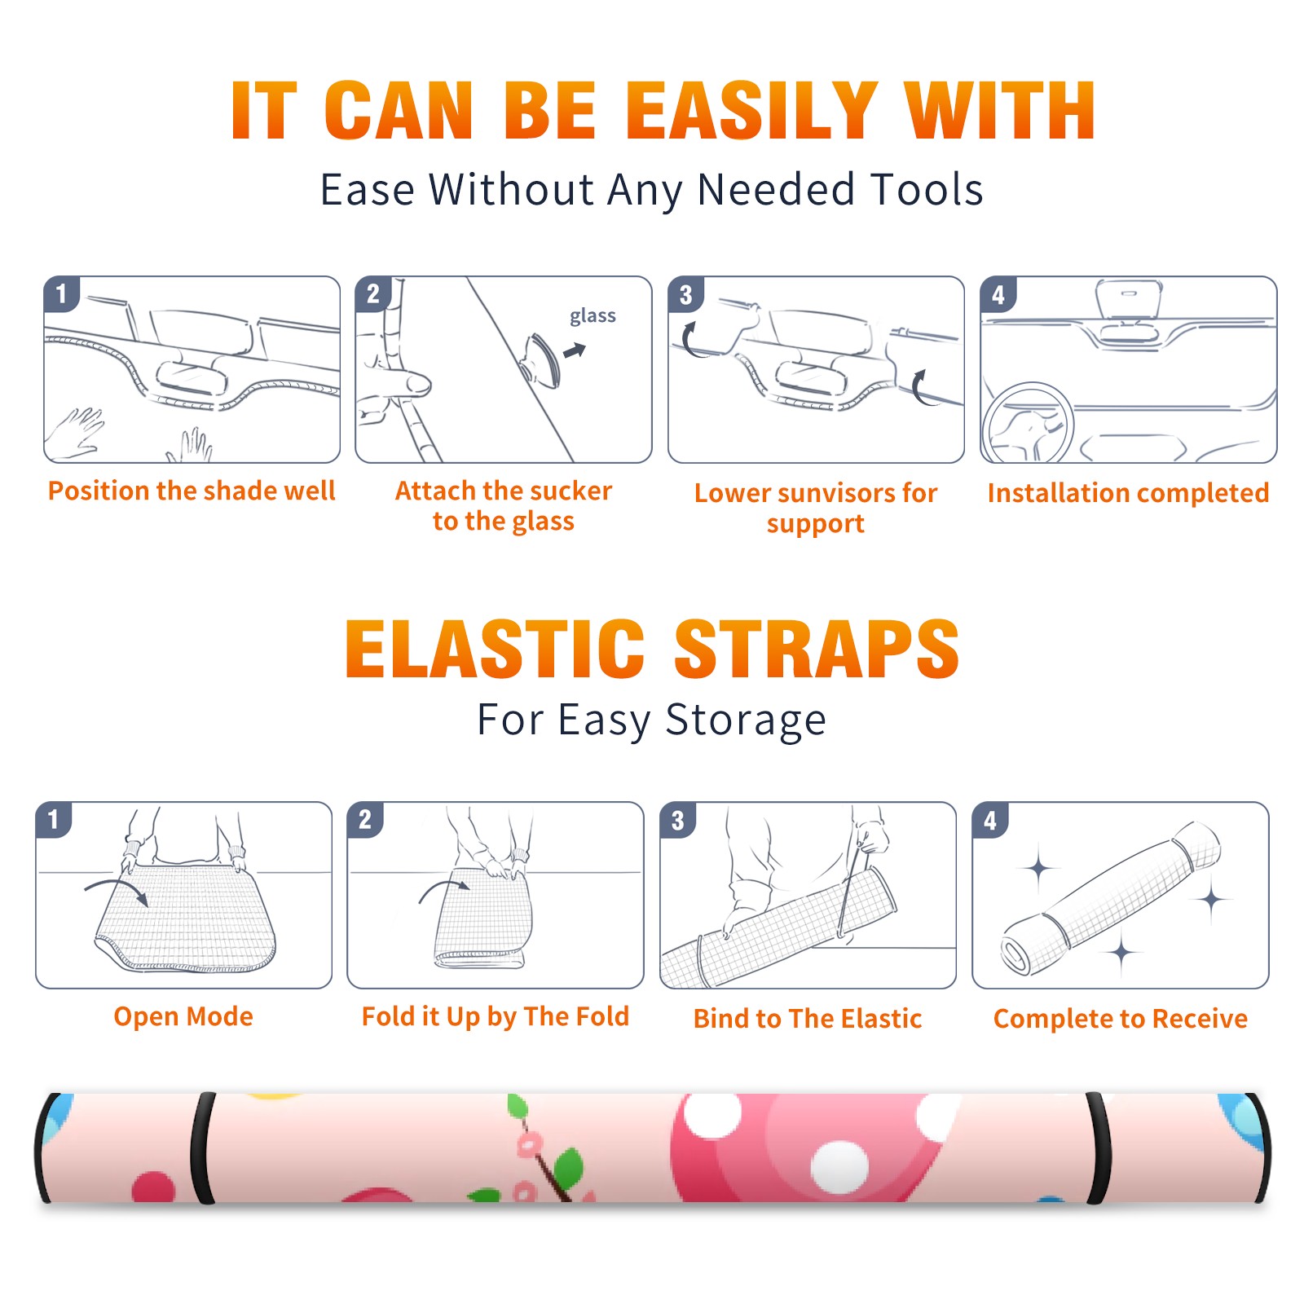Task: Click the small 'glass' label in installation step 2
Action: (593, 316)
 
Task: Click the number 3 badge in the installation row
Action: (685, 294)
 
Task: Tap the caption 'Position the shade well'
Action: (192, 491)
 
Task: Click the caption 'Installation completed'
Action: (1128, 492)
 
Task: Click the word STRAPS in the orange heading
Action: (817, 649)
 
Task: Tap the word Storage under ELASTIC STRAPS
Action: (746, 720)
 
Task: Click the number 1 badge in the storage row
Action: (53, 819)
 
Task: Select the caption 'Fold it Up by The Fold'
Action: (496, 1016)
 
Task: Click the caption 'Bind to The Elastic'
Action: (808, 1019)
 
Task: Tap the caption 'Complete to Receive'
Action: (1121, 1019)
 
